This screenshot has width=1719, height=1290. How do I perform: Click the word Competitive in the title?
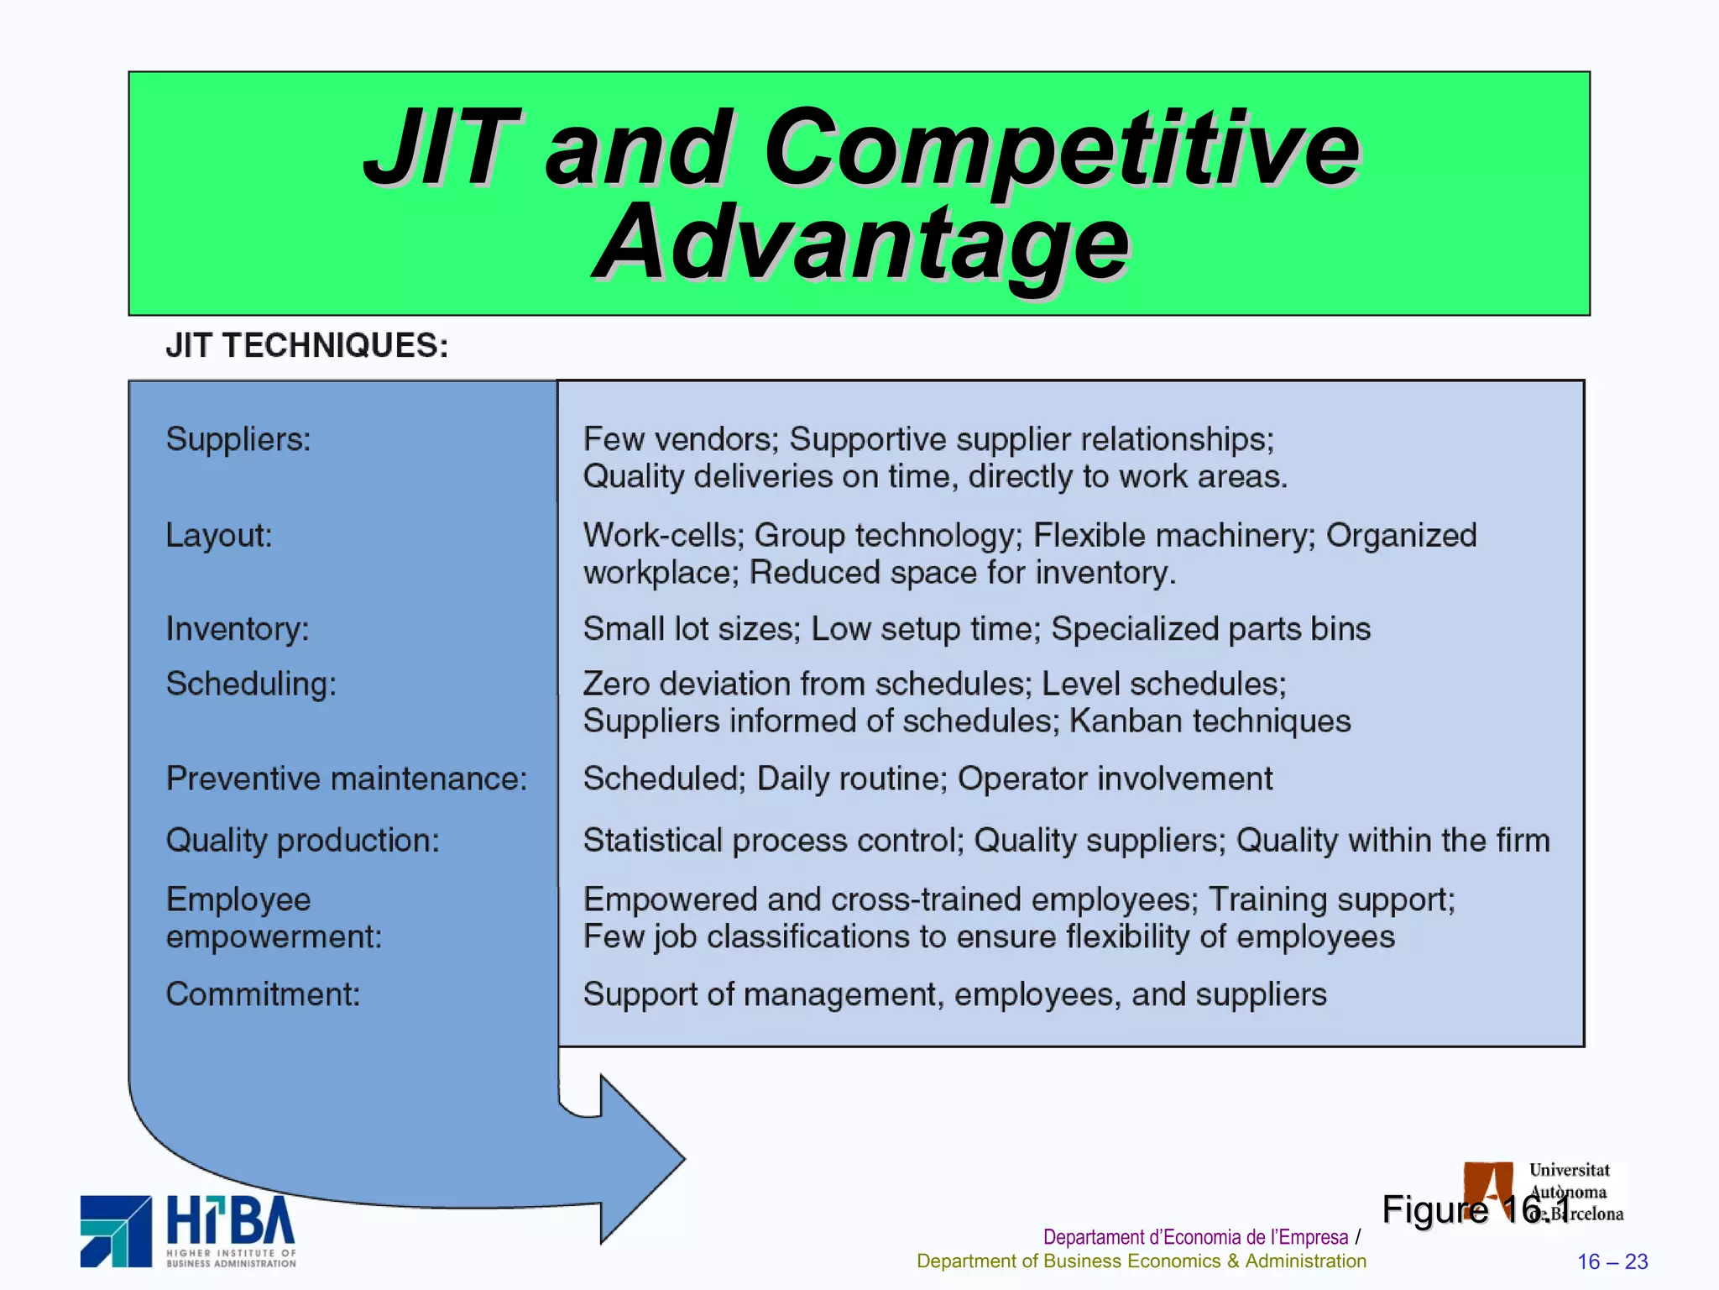1061,149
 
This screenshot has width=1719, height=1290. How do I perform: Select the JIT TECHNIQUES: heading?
307,346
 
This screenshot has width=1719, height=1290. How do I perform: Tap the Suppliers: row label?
238,439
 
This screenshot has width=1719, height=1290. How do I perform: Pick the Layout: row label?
219,536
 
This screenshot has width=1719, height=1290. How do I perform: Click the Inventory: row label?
238,629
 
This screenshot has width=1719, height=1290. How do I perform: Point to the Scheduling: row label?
251,684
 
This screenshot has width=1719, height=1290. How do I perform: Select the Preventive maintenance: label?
347,779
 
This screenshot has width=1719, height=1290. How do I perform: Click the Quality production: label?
303,841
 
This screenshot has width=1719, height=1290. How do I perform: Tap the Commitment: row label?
263,994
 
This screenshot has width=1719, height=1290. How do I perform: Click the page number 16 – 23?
1612,1261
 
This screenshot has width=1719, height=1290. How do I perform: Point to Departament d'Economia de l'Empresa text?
1195,1237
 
